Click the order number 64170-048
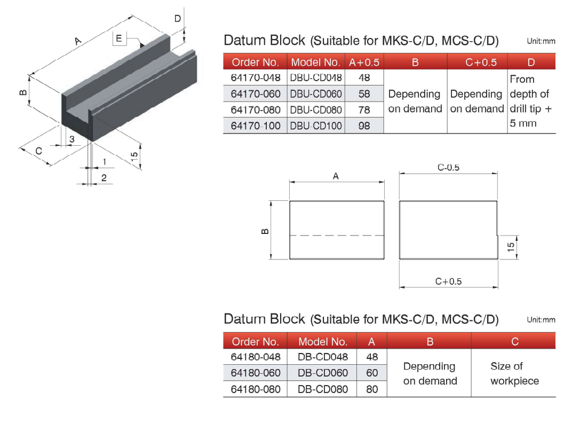point(256,79)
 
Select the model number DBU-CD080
point(316,110)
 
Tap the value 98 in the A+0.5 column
point(364,126)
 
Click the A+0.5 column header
point(364,62)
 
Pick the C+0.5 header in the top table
point(481,62)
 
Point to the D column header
point(531,62)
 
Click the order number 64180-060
point(256,373)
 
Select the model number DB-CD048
point(323,357)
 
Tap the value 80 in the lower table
point(372,389)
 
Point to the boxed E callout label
point(119,38)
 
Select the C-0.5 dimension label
point(448,167)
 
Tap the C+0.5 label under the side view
point(448,282)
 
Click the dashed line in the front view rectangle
point(337,236)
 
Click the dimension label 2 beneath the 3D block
point(104,178)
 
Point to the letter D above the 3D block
point(178,18)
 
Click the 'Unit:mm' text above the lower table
point(541,320)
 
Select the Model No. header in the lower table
point(323,341)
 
